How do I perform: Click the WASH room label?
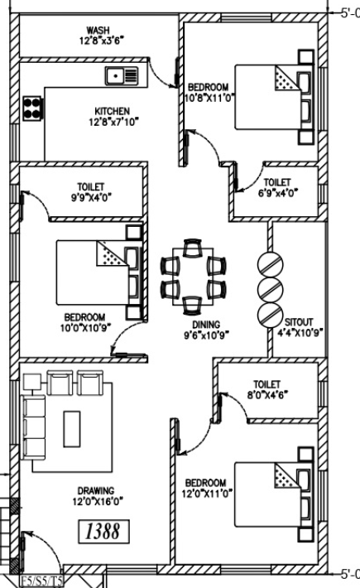click(x=98, y=30)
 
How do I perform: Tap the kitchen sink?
click(x=122, y=75)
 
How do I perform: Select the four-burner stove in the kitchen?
click(x=32, y=108)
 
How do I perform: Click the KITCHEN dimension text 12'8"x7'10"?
click(x=113, y=122)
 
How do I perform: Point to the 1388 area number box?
click(x=103, y=532)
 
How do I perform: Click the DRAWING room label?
click(x=95, y=490)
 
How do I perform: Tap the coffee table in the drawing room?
click(x=71, y=429)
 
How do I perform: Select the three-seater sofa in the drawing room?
click(x=34, y=427)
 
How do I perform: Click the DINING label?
click(x=206, y=325)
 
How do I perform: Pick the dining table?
click(x=193, y=277)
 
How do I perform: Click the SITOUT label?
click(x=299, y=322)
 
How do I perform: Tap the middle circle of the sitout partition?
click(x=270, y=290)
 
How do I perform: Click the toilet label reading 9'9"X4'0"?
click(x=91, y=197)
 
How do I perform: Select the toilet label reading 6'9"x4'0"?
click(x=278, y=193)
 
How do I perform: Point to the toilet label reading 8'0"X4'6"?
click(x=267, y=394)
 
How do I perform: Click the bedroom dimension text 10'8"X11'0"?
click(x=209, y=98)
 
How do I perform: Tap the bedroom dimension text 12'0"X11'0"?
click(x=206, y=494)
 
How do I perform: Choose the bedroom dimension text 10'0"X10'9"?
click(x=85, y=327)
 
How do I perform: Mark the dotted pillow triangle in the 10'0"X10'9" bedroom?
click(x=112, y=254)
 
